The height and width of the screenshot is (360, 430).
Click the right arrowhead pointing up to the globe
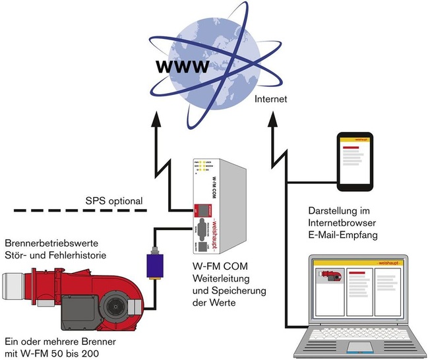271,119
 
